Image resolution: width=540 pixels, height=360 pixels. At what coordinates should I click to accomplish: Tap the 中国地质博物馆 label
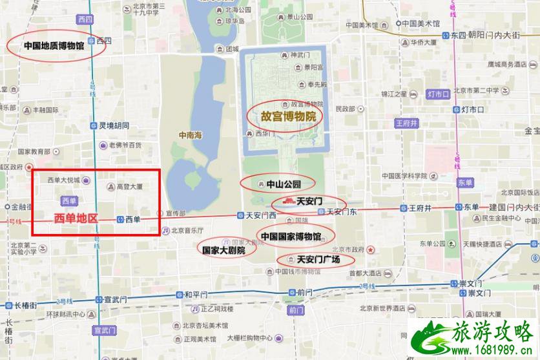tap(54, 46)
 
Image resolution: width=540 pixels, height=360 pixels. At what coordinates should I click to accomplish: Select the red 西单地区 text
tap(76, 218)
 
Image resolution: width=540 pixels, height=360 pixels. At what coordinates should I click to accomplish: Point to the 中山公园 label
tap(284, 184)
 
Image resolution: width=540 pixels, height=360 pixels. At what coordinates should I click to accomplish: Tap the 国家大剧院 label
tap(223, 249)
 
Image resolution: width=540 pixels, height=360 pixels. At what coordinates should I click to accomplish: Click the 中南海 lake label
tap(191, 135)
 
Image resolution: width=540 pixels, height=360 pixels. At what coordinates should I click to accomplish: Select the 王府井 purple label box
tap(407, 122)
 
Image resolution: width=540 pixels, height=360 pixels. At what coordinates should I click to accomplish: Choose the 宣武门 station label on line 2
tap(110, 299)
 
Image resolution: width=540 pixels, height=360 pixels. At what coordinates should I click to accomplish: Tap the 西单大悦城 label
tap(63, 180)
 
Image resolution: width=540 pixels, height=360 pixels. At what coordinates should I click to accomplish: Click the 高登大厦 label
tap(129, 186)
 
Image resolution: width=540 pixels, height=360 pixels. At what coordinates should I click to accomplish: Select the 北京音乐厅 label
tap(187, 230)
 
